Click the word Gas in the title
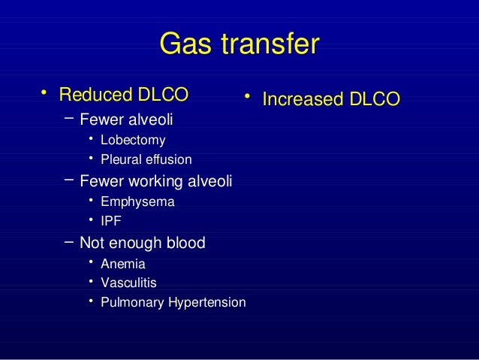[183, 46]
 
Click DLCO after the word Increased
[372, 99]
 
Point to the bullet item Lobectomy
[133, 140]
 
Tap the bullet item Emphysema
[137, 202]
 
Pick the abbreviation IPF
[110, 221]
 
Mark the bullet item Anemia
[123, 264]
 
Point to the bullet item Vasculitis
[128, 283]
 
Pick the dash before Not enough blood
[69, 241]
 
